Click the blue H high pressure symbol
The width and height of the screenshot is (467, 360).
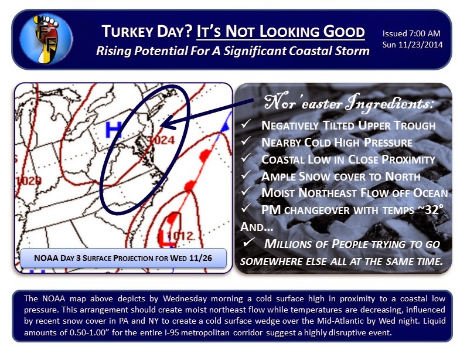coord(114,130)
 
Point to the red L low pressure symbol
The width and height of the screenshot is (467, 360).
coord(166,238)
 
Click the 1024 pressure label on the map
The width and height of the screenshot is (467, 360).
coord(162,140)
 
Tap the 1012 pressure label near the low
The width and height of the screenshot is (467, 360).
coord(180,236)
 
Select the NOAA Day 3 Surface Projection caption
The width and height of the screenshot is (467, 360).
coord(123,258)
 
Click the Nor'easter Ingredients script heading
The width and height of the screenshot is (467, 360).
coord(349,103)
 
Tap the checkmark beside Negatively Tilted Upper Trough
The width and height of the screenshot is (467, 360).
coord(246,124)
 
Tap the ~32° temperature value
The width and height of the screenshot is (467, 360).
coord(430,210)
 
